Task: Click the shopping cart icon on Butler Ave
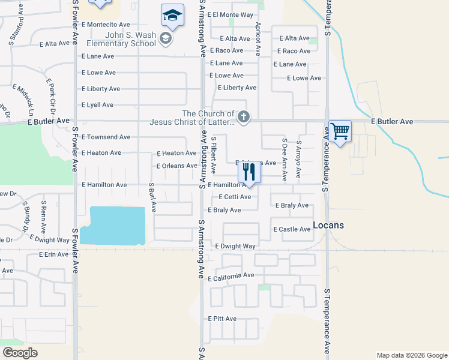click(340, 131)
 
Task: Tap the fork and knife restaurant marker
click(249, 172)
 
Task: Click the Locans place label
click(328, 226)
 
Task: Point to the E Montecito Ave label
click(106, 25)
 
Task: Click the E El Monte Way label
click(231, 15)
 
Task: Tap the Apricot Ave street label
click(258, 40)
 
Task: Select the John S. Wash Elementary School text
click(121, 39)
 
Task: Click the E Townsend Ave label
click(106, 137)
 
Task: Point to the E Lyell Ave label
click(97, 105)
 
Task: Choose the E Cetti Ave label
click(235, 197)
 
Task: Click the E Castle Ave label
click(292, 230)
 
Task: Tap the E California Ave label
click(231, 277)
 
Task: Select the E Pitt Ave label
click(222, 319)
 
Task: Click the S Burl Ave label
click(152, 198)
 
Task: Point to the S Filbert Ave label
click(213, 155)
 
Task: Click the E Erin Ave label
click(53, 255)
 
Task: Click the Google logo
click(20, 353)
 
